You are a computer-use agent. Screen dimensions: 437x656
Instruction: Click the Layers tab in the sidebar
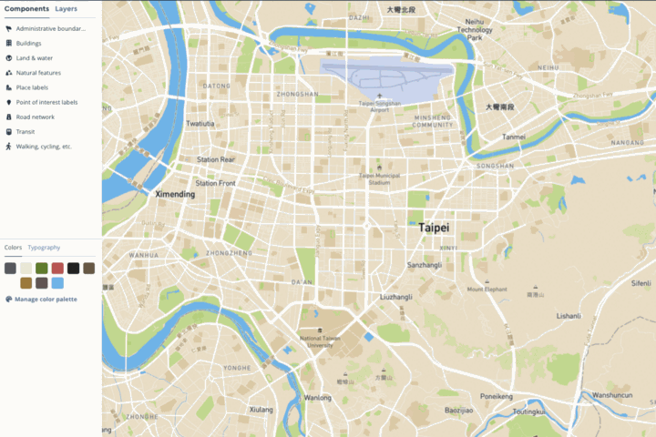(x=66, y=8)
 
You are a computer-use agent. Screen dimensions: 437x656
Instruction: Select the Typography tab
(x=44, y=248)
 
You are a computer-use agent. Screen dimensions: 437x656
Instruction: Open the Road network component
(x=36, y=117)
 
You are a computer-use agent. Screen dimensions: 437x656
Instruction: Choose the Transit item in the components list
(x=26, y=131)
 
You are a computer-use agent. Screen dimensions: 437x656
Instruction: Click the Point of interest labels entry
(x=46, y=102)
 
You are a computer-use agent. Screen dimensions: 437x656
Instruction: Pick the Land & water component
(x=37, y=57)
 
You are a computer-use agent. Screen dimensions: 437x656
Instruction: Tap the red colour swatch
(x=57, y=268)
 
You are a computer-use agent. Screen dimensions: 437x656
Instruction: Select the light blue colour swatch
(x=57, y=283)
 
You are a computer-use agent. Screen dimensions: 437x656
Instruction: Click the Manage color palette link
(x=46, y=299)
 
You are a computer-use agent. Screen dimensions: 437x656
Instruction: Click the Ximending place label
(x=176, y=195)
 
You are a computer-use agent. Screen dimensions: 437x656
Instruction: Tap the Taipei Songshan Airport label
(x=379, y=105)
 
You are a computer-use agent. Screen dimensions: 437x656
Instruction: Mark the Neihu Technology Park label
(x=480, y=30)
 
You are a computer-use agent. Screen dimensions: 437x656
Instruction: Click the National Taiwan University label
(x=318, y=341)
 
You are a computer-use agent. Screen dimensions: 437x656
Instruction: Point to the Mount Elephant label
(x=487, y=290)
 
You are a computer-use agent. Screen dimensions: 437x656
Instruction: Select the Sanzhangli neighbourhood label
(x=425, y=265)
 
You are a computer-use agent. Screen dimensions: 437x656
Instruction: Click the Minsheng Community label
(x=433, y=121)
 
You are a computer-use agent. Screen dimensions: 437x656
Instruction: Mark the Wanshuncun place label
(x=613, y=395)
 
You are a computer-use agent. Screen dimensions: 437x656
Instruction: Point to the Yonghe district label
(x=237, y=368)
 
